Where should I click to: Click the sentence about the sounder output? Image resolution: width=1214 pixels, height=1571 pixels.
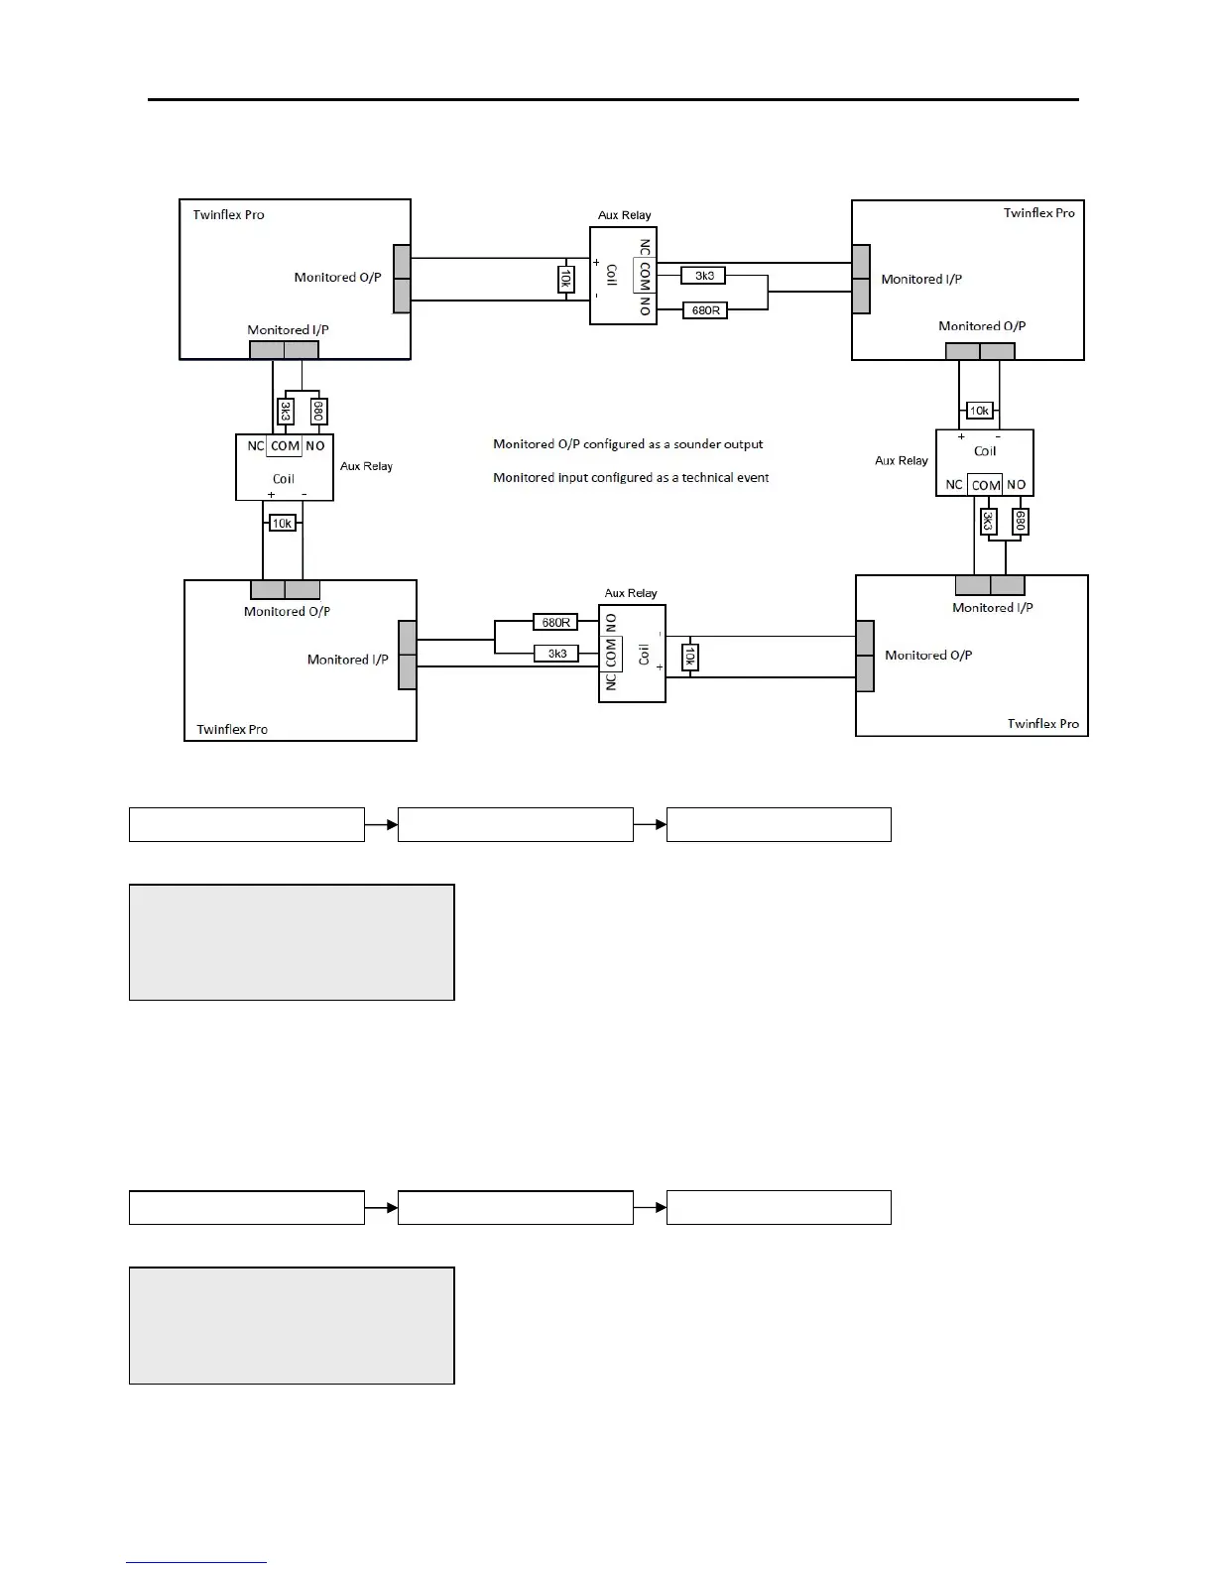(x=628, y=444)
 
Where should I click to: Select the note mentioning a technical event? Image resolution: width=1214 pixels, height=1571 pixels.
(x=631, y=478)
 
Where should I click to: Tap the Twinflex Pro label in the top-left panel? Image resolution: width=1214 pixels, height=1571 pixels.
(x=228, y=214)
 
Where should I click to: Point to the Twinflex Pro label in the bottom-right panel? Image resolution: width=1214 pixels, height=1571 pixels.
(x=1042, y=723)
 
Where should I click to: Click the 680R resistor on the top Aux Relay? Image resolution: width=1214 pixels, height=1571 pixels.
(x=705, y=310)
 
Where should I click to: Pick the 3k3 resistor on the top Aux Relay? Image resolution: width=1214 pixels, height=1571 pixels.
(x=705, y=276)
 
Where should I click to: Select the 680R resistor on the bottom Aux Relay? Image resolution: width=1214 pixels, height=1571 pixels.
(x=555, y=623)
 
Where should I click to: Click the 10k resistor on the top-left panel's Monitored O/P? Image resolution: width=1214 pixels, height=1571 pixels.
(x=566, y=279)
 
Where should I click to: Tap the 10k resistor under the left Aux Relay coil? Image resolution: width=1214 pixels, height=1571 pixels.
(x=283, y=523)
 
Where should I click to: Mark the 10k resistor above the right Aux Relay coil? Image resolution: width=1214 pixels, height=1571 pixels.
(x=979, y=411)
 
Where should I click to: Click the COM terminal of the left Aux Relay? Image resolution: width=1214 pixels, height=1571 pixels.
(x=285, y=446)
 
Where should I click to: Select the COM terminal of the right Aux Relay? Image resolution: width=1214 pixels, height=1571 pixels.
(x=986, y=485)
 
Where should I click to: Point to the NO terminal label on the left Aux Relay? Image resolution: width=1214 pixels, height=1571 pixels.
(x=315, y=446)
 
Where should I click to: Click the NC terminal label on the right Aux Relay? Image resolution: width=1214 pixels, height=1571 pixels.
(x=954, y=485)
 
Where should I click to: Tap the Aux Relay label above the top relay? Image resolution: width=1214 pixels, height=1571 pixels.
(x=625, y=215)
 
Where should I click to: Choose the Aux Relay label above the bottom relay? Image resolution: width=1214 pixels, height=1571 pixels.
(x=631, y=593)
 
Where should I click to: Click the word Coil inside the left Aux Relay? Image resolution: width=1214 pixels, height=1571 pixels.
(x=284, y=479)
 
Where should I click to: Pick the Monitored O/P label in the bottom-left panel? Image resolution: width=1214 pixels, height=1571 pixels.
(x=287, y=611)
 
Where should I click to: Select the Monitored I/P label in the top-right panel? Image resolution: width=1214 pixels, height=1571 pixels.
(x=921, y=279)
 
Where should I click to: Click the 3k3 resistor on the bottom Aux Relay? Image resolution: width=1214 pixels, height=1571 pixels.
(x=556, y=654)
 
